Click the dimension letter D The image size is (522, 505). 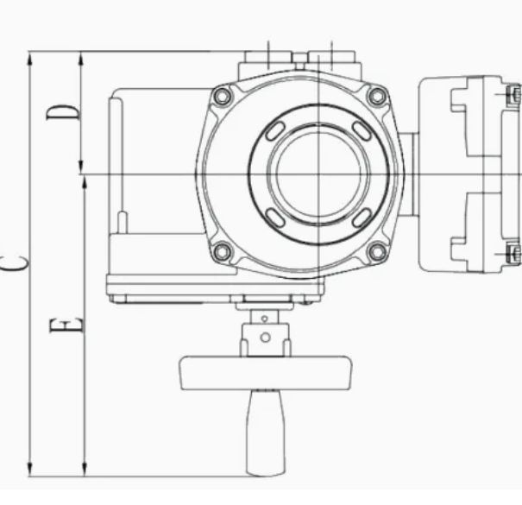coord(63,112)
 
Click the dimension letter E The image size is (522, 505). coord(66,325)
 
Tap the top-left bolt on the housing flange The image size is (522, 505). coord(222,97)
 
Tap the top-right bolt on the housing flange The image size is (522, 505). coord(377,97)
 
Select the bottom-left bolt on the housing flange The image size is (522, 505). coord(222,252)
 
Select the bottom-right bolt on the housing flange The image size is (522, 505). coord(377,252)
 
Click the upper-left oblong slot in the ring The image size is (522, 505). coord(275,130)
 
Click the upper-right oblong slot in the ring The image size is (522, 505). coord(362,130)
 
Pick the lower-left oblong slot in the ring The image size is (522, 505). coord(275,218)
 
